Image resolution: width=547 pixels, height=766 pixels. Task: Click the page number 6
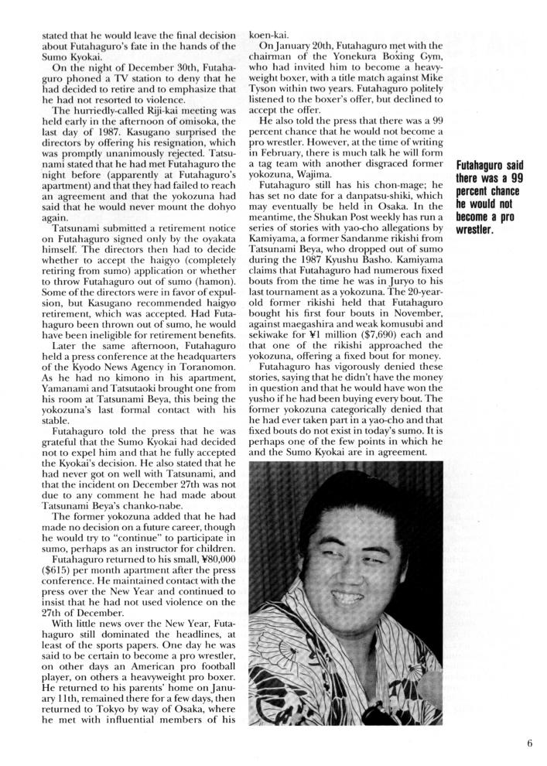click(x=529, y=744)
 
